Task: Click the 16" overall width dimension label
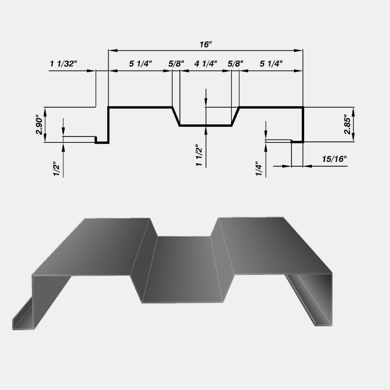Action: pos(206,44)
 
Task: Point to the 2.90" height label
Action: pos(40,125)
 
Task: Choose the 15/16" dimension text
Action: pos(334,159)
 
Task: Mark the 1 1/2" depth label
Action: pos(199,156)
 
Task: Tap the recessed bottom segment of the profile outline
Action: pos(205,126)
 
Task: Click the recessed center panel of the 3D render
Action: pos(183,268)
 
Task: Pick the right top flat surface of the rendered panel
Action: pos(273,246)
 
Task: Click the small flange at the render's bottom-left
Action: pos(22,317)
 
